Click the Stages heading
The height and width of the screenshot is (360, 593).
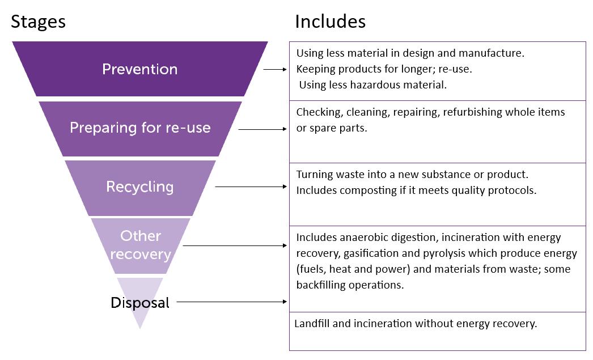pos(38,22)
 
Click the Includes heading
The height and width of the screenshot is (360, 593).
pos(330,22)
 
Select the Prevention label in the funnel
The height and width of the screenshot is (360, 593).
pos(139,69)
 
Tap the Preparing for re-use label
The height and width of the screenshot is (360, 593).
pos(140,128)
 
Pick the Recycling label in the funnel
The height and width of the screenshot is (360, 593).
pos(139,187)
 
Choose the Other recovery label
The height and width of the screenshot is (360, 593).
pos(140,244)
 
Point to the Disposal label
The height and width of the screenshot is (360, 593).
pos(139,303)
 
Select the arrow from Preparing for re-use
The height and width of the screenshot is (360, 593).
pos(262,129)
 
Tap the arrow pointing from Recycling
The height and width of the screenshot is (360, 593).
pos(251,187)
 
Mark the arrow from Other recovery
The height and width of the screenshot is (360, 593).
pos(235,245)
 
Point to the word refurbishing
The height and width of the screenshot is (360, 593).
pos(473,112)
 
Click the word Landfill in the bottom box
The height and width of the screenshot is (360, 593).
pos(312,324)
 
